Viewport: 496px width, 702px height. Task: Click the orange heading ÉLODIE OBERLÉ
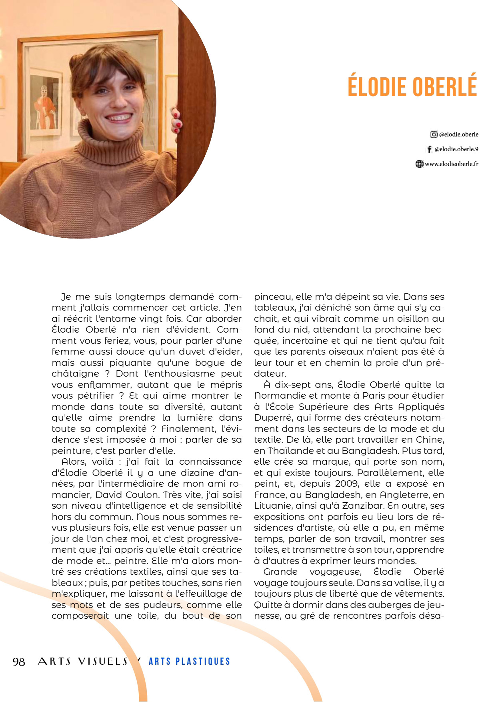tap(412, 85)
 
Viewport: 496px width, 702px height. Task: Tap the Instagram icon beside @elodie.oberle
tap(434, 134)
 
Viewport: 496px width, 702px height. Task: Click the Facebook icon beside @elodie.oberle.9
tap(429, 149)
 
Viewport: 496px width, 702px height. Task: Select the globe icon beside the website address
tap(419, 164)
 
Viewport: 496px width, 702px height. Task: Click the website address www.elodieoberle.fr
tap(451, 164)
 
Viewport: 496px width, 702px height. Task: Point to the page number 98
tap(19, 662)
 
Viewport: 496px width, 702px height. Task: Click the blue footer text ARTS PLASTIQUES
tap(189, 662)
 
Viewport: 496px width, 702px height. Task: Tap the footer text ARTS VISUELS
tap(83, 662)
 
